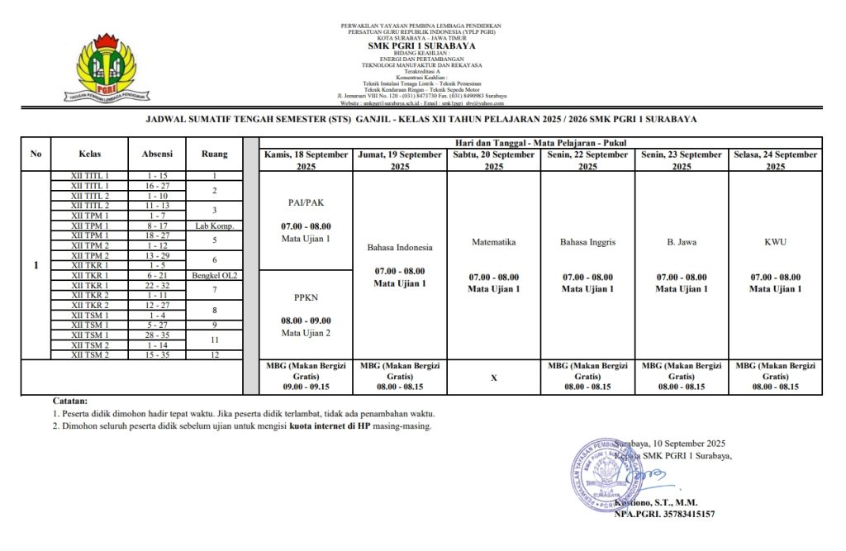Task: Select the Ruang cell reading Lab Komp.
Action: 214,226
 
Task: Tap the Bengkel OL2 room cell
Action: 214,275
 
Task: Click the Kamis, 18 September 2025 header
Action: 306,160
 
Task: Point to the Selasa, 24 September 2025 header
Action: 775,160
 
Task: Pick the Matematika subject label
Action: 494,243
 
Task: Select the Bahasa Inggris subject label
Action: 587,243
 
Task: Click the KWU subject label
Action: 775,243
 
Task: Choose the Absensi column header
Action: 156,154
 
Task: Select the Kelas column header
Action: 90,154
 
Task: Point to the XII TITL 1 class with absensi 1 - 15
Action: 90,176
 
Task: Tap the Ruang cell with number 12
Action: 214,354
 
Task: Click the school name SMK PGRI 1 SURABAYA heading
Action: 421,46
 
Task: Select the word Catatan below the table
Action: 69,401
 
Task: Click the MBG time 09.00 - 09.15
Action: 306,386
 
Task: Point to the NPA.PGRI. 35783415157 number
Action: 664,514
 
